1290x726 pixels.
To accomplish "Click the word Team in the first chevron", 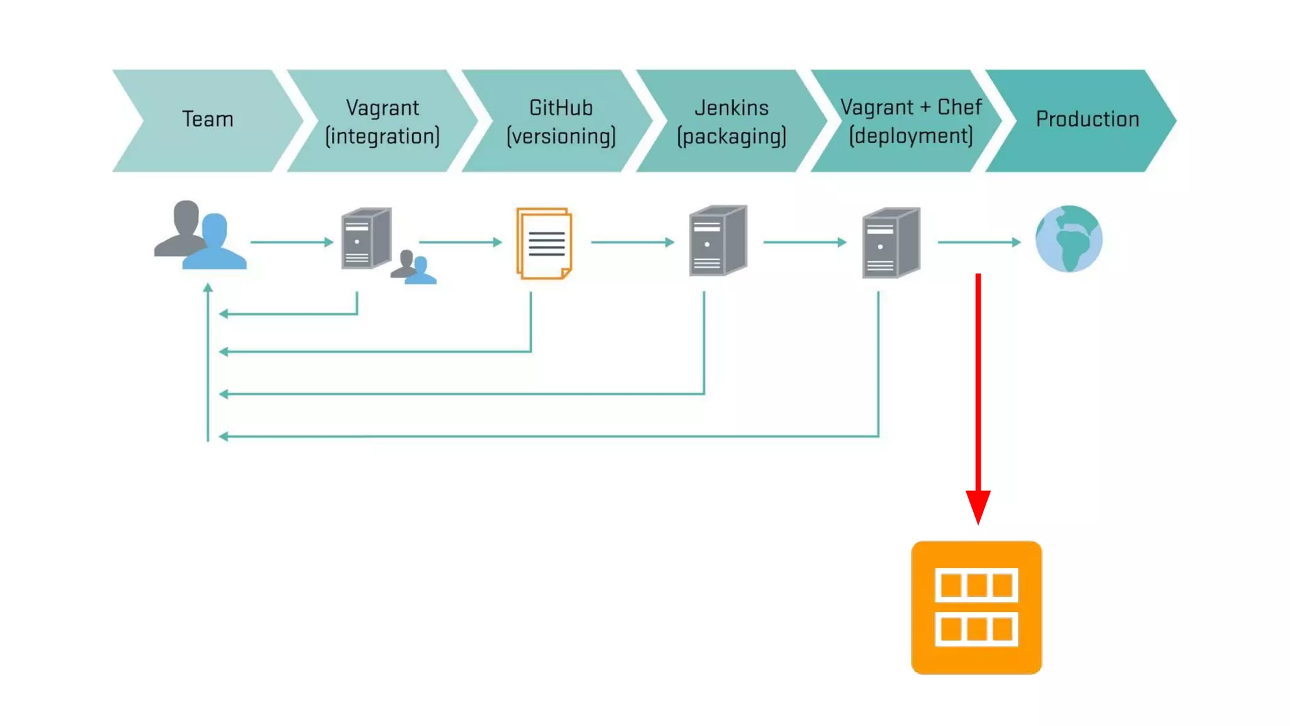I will click(x=207, y=119).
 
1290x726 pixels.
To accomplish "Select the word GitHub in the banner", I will click(x=561, y=108).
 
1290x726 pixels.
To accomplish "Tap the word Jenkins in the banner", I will click(x=731, y=108).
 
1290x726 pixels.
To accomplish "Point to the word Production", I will click(x=1087, y=119).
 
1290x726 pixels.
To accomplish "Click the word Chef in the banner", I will click(x=959, y=107).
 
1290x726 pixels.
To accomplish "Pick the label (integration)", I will click(x=382, y=136).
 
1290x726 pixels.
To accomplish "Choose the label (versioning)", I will click(x=561, y=136).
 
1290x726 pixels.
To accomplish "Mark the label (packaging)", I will click(x=731, y=136).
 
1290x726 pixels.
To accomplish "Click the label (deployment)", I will click(x=910, y=136).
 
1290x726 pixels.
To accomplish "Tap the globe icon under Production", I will click(x=1069, y=239).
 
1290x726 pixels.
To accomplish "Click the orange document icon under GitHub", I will click(x=544, y=243).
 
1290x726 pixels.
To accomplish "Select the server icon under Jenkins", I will click(x=718, y=240).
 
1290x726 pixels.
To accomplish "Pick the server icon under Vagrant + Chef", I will click(x=891, y=242).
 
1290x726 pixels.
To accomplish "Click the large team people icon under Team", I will click(x=200, y=236).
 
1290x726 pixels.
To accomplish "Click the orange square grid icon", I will click(x=976, y=607).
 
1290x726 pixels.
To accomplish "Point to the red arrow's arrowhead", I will click(x=978, y=506).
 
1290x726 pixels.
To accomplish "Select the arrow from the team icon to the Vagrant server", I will click(x=292, y=242).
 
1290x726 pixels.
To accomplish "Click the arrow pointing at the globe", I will click(x=979, y=242).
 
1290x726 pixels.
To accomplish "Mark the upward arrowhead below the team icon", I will click(x=208, y=288).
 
